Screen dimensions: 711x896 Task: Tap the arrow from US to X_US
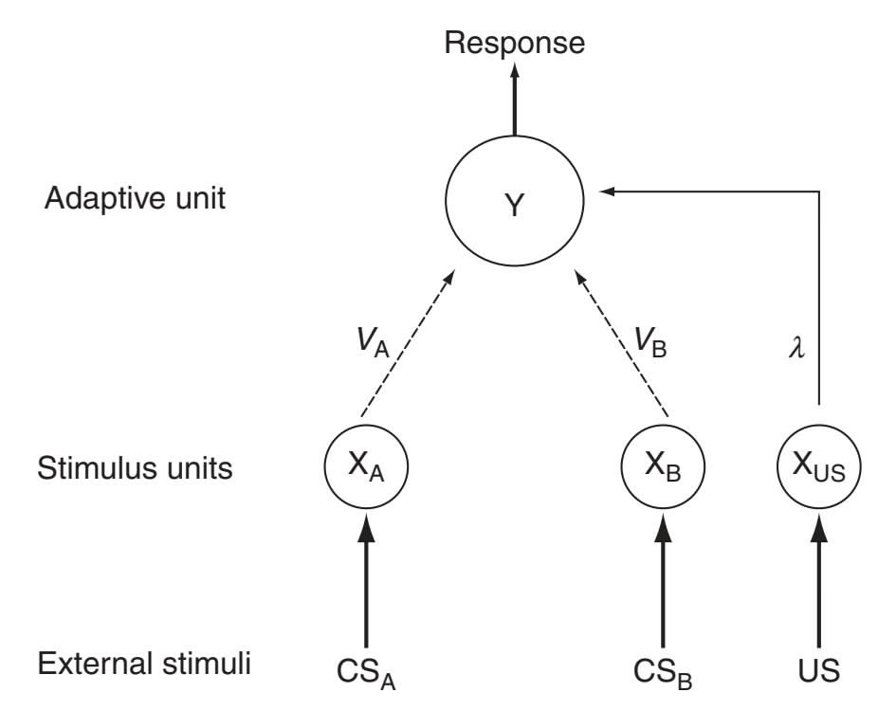[x=819, y=578]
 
